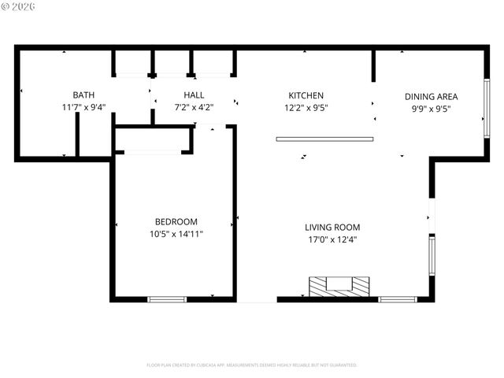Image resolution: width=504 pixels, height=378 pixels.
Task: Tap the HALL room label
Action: pos(194,95)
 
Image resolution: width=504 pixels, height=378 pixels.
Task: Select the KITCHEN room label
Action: pos(306,95)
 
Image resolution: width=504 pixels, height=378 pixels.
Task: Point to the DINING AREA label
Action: pos(431,96)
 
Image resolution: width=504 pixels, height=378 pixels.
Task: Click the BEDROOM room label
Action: pos(176,222)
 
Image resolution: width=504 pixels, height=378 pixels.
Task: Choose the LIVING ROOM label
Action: pos(332,228)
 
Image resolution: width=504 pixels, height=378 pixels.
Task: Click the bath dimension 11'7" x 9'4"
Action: pos(83,107)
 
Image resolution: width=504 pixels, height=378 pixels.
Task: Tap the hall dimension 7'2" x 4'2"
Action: pos(194,107)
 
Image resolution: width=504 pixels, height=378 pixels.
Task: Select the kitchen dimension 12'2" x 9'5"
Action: pos(306,107)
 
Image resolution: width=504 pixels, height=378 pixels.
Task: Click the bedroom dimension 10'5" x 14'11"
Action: pos(176,234)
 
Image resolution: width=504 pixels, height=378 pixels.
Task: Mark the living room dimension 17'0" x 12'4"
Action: pos(332,239)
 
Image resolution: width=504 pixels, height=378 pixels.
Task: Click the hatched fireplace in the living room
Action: pos(339,286)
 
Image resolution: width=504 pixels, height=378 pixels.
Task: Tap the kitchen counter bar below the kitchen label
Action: pos(324,139)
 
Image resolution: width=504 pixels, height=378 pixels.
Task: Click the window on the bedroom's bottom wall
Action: pos(167,299)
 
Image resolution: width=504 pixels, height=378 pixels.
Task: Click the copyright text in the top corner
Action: pos(19,7)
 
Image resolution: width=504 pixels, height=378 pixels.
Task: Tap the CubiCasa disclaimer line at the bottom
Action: pos(252,365)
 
